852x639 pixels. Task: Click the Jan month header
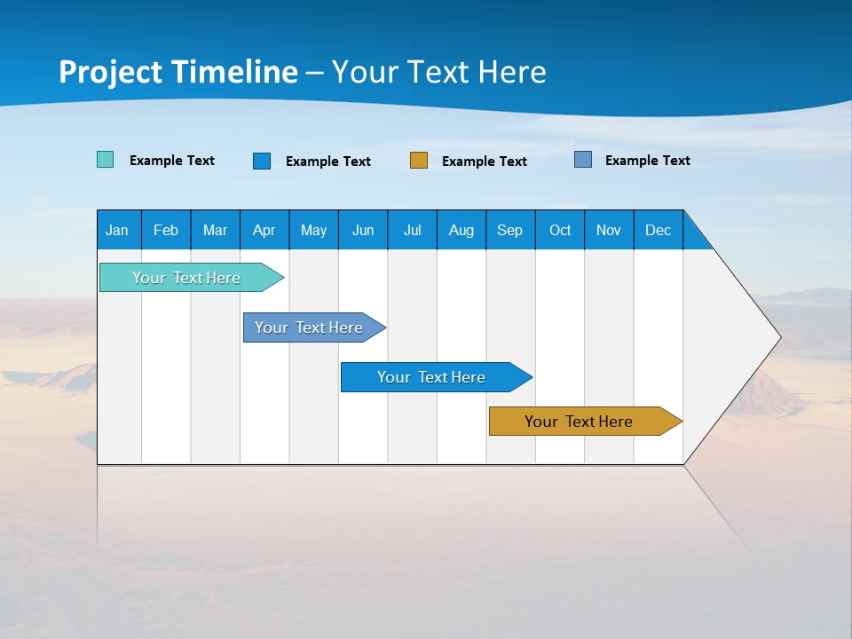(x=117, y=231)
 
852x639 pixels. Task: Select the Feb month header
(x=166, y=231)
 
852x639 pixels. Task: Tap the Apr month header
(x=264, y=231)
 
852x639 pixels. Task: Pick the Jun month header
(x=363, y=231)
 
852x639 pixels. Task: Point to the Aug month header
(x=461, y=231)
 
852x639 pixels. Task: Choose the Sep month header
(x=509, y=231)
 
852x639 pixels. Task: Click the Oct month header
(x=560, y=231)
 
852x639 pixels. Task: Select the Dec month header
(x=658, y=231)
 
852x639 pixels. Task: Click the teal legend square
(x=106, y=160)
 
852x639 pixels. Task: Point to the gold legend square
(x=419, y=160)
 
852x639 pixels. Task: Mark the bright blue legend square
(x=262, y=161)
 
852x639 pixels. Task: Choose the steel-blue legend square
(x=583, y=160)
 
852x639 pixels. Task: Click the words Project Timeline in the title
(x=178, y=72)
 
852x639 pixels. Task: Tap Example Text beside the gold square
(x=484, y=162)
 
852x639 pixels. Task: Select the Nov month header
(x=609, y=231)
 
